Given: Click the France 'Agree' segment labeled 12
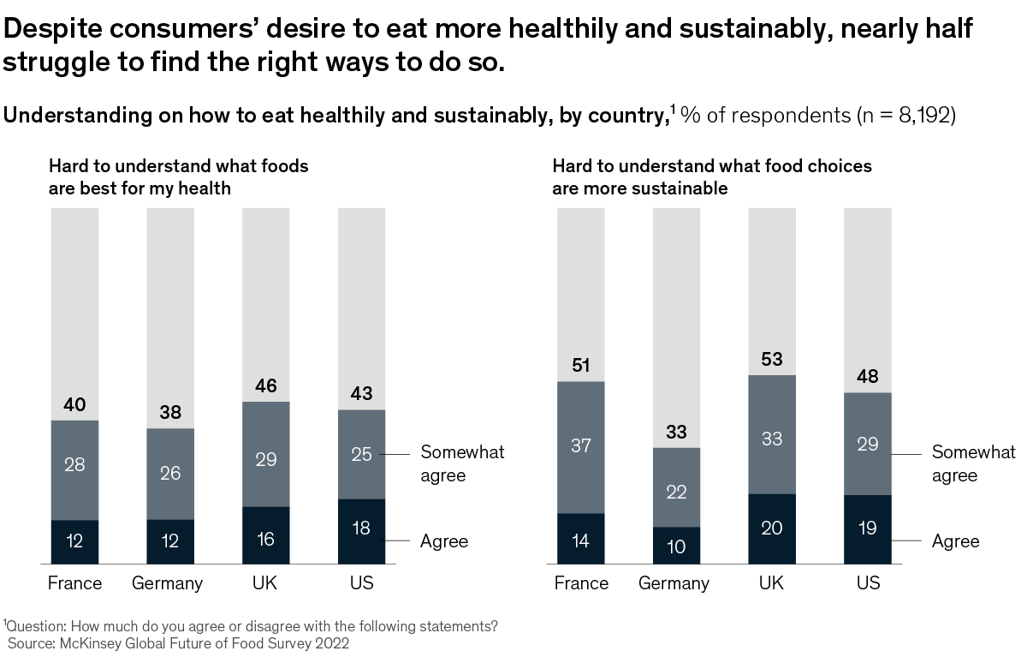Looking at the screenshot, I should pos(74,541).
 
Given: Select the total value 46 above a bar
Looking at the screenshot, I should pos(266,385).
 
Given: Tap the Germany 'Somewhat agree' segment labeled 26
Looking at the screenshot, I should pos(170,473).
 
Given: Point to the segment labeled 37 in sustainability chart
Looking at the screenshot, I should pos(581,446).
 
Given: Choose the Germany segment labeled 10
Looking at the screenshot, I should pos(676,546).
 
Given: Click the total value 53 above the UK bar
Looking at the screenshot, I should pos(772,359).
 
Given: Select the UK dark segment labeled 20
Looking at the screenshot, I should pos(772,529).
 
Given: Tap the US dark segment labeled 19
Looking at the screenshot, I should pos(867,529).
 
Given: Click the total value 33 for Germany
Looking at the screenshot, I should pos(676,432).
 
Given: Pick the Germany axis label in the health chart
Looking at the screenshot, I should pos(168,584).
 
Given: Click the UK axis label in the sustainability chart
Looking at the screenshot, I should pos(772,584).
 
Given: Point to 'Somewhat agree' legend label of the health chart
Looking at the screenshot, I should pos(462,463).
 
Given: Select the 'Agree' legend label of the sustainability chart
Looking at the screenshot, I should pos(955,541).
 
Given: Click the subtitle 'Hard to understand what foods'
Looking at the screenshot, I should pos(178,166).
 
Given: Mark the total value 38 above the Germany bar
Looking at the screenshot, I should pos(170,412).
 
